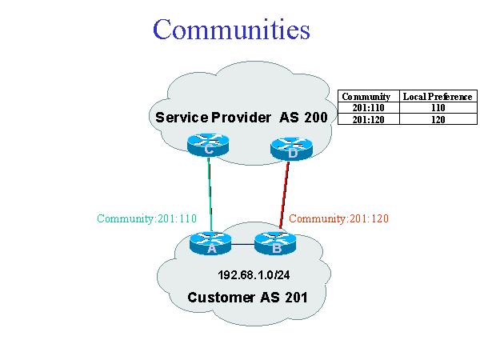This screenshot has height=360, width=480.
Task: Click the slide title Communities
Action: coord(231,29)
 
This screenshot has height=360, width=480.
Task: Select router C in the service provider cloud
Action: coord(208,145)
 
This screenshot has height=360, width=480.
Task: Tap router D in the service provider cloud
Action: coord(290,148)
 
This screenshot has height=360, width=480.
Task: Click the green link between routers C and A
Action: coord(210,192)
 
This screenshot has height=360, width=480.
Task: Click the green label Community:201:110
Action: coord(146,218)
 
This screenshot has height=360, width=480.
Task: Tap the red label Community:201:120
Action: coord(339,218)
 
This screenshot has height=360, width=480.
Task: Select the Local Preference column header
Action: coord(437,96)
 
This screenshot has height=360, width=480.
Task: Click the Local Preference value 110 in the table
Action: coord(437,107)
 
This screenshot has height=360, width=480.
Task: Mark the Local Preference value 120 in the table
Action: coord(437,118)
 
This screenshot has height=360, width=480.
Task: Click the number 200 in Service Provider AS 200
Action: coord(314,118)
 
